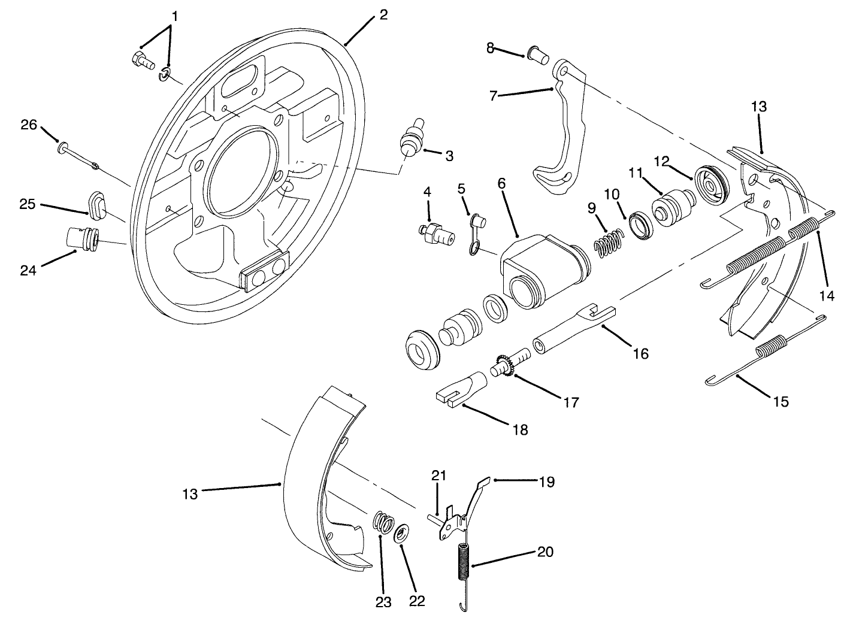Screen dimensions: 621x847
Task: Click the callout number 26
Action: (x=28, y=125)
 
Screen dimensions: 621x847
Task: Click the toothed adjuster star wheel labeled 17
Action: (x=505, y=366)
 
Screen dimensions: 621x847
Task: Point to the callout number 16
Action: (x=640, y=353)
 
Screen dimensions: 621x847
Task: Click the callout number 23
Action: (x=383, y=602)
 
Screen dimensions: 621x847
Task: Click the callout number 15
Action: (x=781, y=401)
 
